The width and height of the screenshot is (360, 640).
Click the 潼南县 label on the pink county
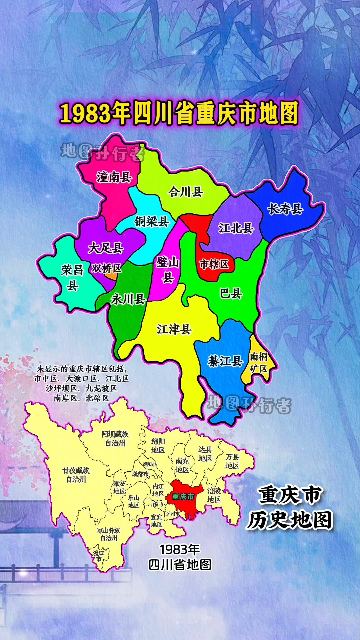(x=114, y=177)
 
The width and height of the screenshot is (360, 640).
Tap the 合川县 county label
(x=186, y=192)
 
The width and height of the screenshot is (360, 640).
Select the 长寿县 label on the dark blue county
(x=285, y=209)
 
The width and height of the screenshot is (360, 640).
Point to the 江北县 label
(x=236, y=228)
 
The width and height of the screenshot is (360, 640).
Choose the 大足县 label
(x=106, y=248)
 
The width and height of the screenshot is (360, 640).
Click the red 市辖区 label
(x=214, y=264)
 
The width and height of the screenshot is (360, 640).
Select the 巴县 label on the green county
(x=231, y=294)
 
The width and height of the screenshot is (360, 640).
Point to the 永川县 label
(x=128, y=299)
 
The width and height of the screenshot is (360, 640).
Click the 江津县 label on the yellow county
(x=174, y=329)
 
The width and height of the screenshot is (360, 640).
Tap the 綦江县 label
(x=225, y=361)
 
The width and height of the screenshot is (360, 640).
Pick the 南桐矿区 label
(x=259, y=363)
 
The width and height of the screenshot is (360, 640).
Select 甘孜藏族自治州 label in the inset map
(x=76, y=475)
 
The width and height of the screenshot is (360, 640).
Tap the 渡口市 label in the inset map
(x=98, y=556)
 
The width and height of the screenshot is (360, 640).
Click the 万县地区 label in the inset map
(x=232, y=461)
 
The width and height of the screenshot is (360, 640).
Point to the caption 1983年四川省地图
(x=180, y=557)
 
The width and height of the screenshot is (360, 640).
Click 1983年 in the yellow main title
(x=95, y=113)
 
